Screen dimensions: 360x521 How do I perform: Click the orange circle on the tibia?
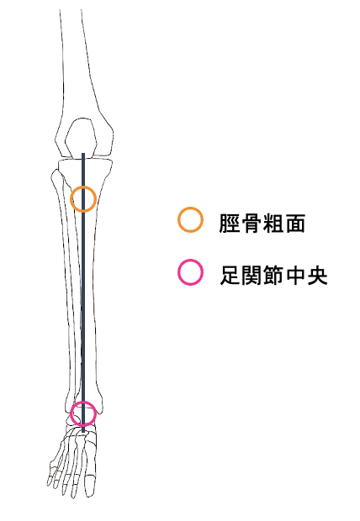(71, 199)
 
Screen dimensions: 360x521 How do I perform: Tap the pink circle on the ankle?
(71, 413)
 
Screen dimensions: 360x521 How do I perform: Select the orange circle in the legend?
(178, 219)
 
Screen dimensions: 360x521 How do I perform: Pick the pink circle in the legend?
(178, 272)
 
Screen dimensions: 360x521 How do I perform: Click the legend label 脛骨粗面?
(262, 223)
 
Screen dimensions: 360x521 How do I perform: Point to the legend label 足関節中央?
(273, 275)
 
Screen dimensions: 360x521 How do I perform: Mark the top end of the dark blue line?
(83, 154)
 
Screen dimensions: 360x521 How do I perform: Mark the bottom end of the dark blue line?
(83, 432)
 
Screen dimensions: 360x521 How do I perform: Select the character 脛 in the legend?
(230, 223)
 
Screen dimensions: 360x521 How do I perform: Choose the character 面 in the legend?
(294, 223)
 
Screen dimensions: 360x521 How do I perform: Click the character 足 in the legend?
(230, 276)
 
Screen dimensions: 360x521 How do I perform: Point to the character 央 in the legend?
(317, 275)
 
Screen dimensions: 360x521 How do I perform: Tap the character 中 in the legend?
(295, 275)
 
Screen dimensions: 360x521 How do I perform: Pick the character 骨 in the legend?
(251, 223)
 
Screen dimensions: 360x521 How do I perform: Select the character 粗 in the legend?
(273, 223)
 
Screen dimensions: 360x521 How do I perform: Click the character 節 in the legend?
(273, 275)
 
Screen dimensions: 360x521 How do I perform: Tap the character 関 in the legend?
(251, 276)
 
